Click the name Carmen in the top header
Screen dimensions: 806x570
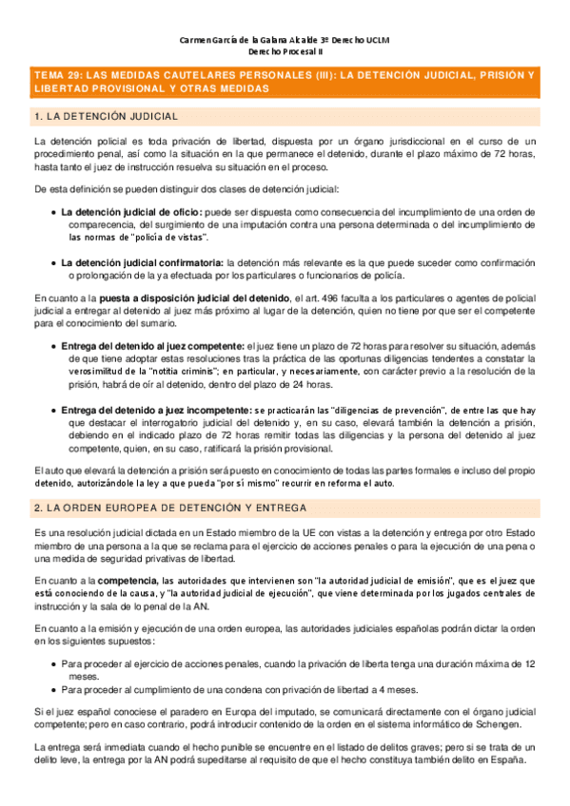pos(195,40)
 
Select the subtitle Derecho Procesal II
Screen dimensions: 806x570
pos(285,53)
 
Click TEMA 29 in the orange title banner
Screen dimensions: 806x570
pos(59,74)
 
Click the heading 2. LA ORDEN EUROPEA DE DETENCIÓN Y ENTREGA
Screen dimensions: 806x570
pos(169,509)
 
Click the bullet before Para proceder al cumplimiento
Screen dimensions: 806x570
pos(52,663)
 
